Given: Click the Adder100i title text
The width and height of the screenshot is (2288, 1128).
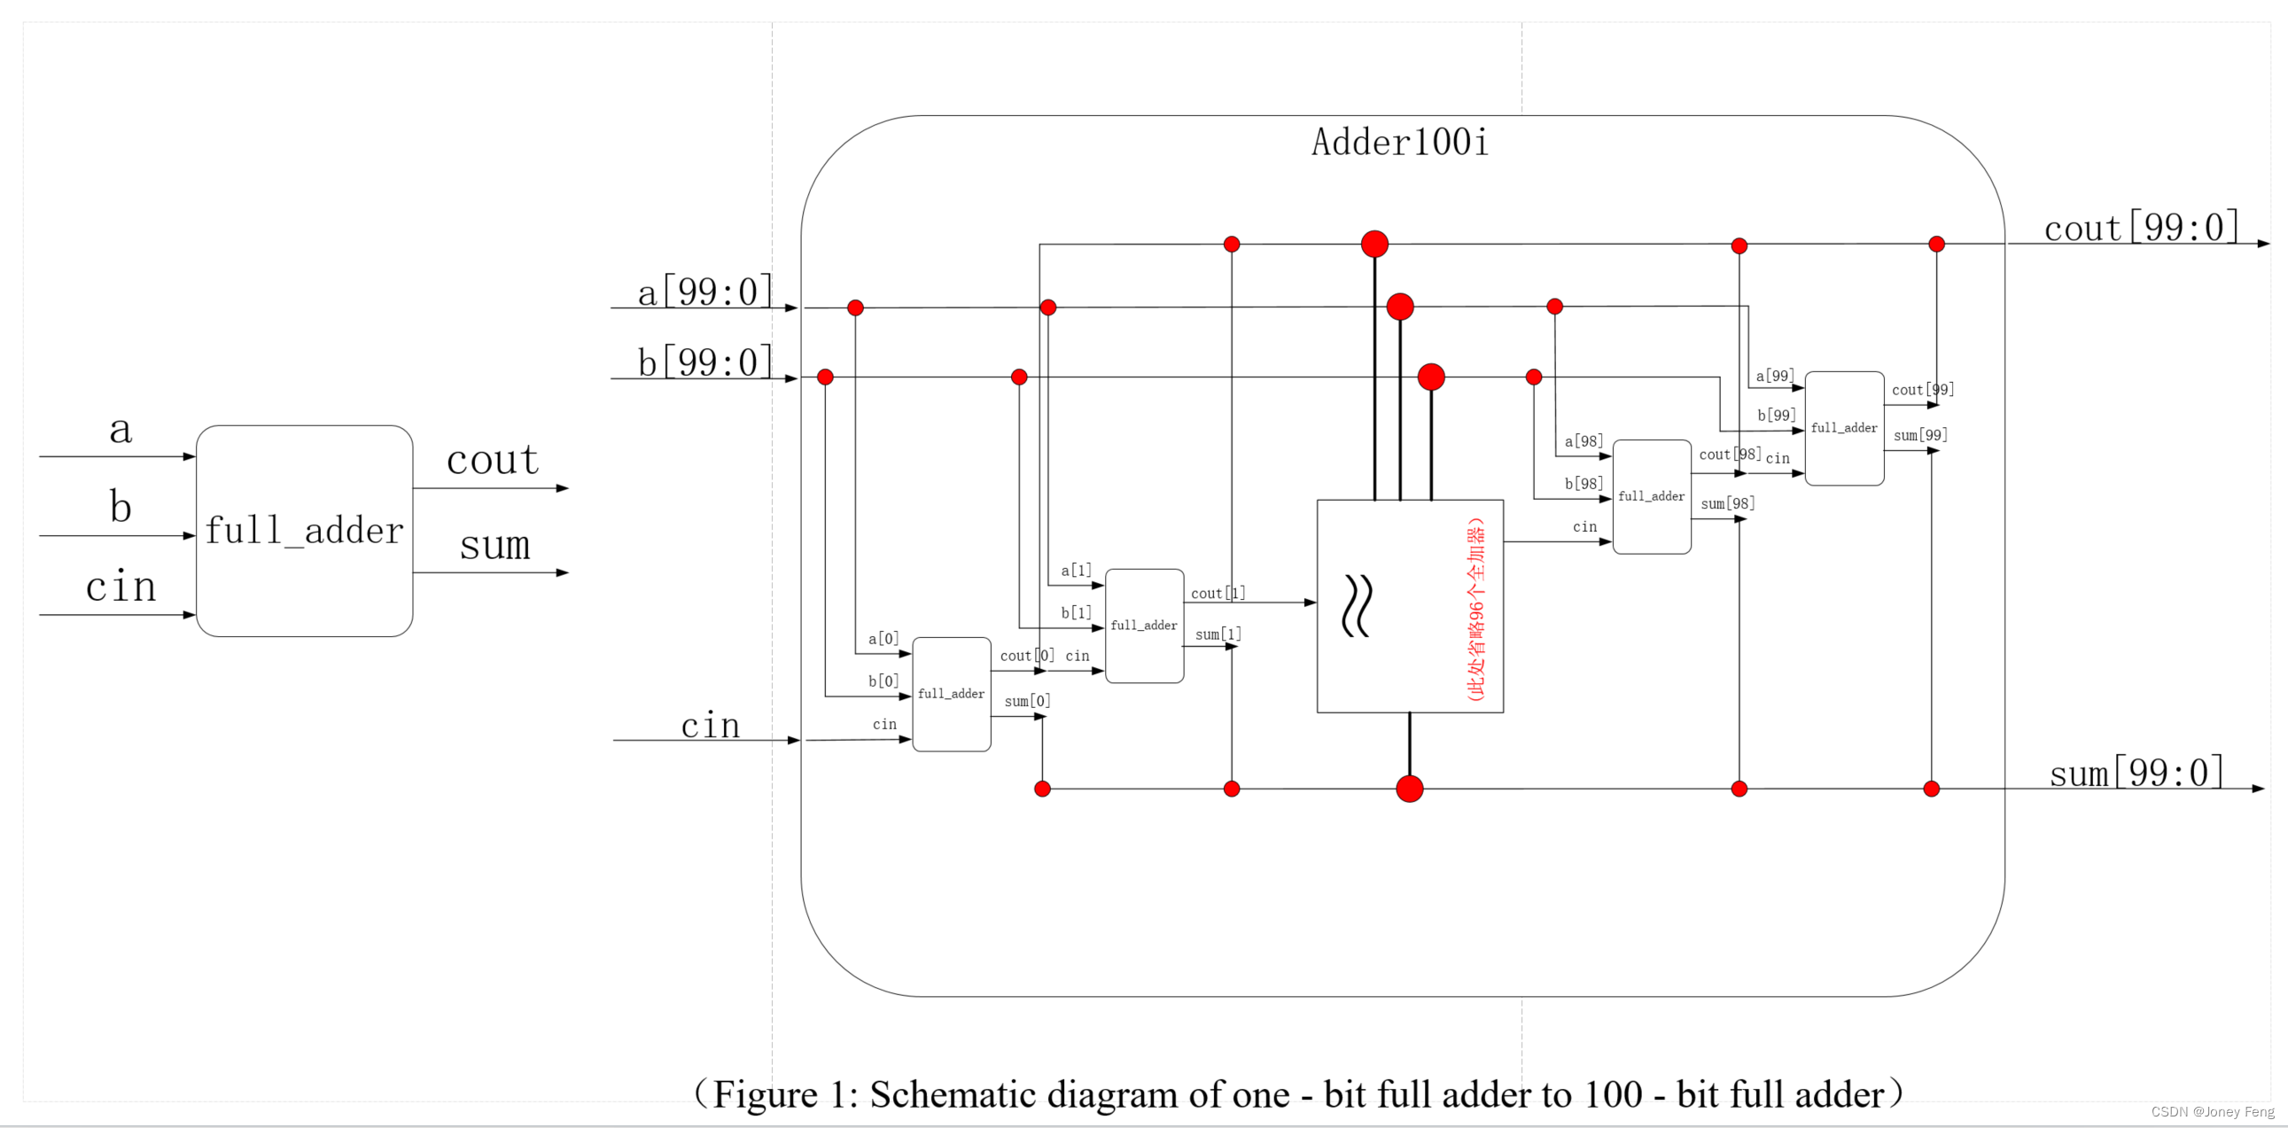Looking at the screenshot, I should click(1399, 142).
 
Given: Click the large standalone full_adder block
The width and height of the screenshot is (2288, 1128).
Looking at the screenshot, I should click(304, 530).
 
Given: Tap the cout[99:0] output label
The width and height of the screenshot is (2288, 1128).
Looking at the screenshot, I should click(2141, 228).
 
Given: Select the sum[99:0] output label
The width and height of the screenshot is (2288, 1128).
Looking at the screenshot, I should click(2136, 773).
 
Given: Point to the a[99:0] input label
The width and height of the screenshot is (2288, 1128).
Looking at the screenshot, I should click(705, 292).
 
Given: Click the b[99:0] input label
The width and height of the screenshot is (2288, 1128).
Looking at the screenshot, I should click(705, 362).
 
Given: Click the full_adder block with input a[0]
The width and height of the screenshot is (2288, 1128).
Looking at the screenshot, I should click(951, 694).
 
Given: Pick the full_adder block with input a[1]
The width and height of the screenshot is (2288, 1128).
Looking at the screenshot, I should click(1144, 626).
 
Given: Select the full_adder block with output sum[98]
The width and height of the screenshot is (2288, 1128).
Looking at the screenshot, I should click(1651, 496).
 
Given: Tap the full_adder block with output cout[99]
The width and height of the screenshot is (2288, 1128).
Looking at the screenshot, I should click(1844, 428).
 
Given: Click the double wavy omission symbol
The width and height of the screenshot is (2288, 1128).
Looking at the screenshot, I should click(1357, 606).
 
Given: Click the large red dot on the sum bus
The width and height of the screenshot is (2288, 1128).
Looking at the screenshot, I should click(1409, 789).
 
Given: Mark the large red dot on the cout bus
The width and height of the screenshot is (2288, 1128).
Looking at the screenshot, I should click(1374, 244).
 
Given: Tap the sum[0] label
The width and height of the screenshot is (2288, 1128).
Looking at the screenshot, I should click(1027, 701).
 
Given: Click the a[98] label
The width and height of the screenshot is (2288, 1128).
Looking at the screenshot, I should click(1584, 441).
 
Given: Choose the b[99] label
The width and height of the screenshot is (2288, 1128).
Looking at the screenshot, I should click(1777, 415).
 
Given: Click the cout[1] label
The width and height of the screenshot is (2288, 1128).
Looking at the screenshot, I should click(1217, 593).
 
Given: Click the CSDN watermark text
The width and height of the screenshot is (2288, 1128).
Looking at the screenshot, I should click(2212, 1112).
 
